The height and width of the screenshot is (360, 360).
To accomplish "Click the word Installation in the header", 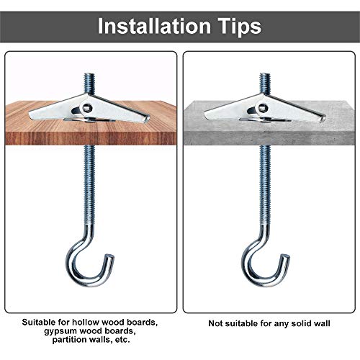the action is pos(154,26).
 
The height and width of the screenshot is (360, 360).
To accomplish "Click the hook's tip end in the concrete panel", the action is pos(286,256).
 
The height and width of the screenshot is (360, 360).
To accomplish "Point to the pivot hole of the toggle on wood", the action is pos(87,107).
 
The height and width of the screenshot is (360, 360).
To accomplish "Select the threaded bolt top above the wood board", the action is pos(89,84).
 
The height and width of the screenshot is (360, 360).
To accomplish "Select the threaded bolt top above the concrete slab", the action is pos(265,84).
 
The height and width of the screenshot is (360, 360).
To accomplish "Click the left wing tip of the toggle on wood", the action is pos(30,113).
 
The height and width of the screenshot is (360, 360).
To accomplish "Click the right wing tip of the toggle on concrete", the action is pos(323,118).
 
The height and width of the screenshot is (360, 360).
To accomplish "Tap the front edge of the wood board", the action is pos(91,138).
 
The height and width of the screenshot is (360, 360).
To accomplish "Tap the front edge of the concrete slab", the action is pos(269,138).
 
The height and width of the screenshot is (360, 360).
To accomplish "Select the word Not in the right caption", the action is pos(215,323).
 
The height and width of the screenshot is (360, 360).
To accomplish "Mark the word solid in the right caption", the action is pos(301,323).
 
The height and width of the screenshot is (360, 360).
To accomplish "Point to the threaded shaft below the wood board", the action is pos(89,185).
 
